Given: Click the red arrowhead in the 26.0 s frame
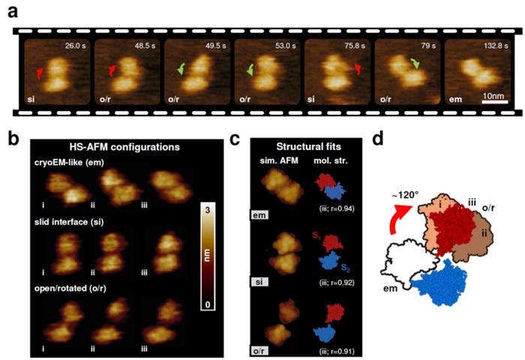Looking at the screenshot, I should [x=41, y=72].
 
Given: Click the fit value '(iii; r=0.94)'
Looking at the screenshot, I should [x=329, y=210].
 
